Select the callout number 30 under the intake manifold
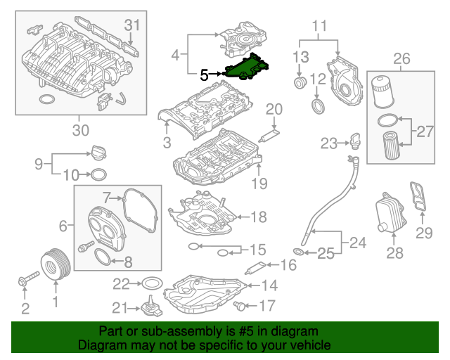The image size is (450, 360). pyautogui.click(x=81, y=129)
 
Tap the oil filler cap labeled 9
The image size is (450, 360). pyautogui.click(x=98, y=152)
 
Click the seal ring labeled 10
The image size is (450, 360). pyautogui.click(x=99, y=174)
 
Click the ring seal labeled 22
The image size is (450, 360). pyautogui.click(x=151, y=283)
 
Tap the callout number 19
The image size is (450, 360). pyautogui.click(x=260, y=184)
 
